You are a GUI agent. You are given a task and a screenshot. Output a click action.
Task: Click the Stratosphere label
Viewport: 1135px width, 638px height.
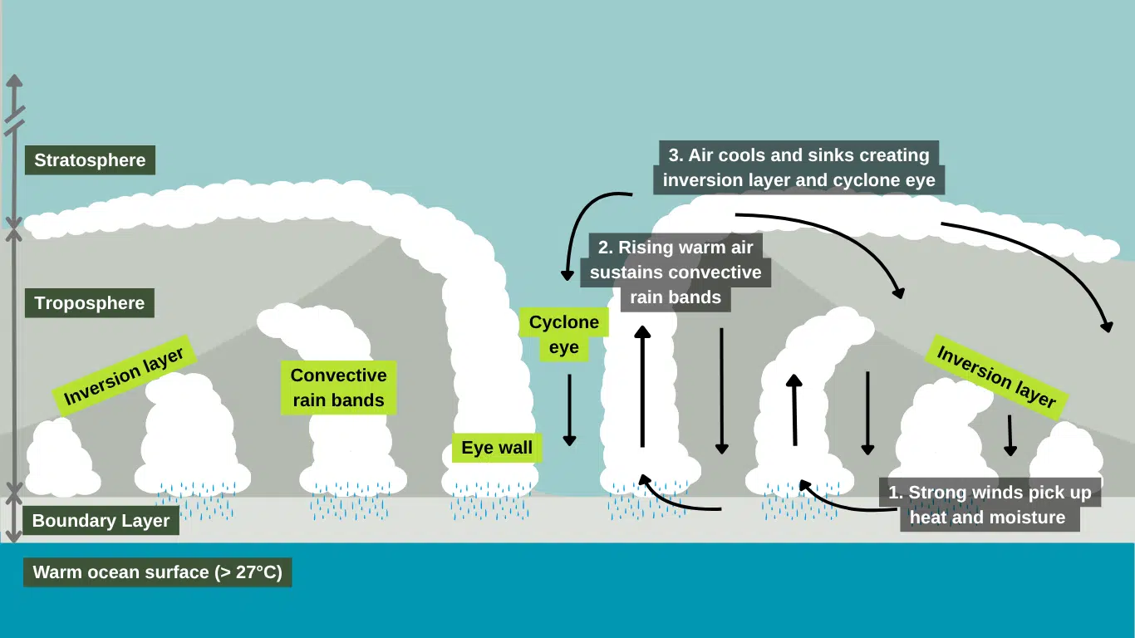[x=90, y=160]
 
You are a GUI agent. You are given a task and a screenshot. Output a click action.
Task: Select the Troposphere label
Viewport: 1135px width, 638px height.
[x=90, y=303]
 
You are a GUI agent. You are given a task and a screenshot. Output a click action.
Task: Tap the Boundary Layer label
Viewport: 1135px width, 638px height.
[x=101, y=521]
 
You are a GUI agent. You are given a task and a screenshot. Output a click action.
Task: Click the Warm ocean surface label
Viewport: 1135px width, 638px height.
[x=158, y=572]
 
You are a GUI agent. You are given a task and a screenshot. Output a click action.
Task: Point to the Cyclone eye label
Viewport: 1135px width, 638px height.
[x=564, y=334]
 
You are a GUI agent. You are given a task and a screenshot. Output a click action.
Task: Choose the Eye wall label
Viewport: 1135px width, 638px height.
[x=497, y=449]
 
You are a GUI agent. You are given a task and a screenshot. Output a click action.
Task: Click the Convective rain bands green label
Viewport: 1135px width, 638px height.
[x=338, y=388]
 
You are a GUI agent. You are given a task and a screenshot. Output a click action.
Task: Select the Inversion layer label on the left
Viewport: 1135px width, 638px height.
[x=125, y=375]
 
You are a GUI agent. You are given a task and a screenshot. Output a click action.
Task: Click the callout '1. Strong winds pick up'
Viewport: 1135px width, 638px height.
[x=989, y=504]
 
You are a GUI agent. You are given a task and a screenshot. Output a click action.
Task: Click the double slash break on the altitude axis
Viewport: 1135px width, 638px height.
[x=15, y=120]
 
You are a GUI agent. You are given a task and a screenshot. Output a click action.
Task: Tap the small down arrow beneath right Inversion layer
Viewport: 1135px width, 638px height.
[x=1010, y=435]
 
